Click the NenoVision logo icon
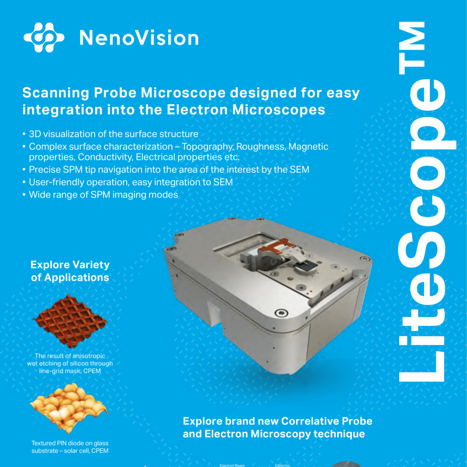click(44, 38)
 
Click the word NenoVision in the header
click(139, 38)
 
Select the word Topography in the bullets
click(208, 147)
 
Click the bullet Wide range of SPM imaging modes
click(103, 195)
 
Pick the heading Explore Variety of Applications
click(70, 271)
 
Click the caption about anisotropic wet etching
click(70, 363)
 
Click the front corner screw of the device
click(281, 313)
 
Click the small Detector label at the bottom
click(282, 465)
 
